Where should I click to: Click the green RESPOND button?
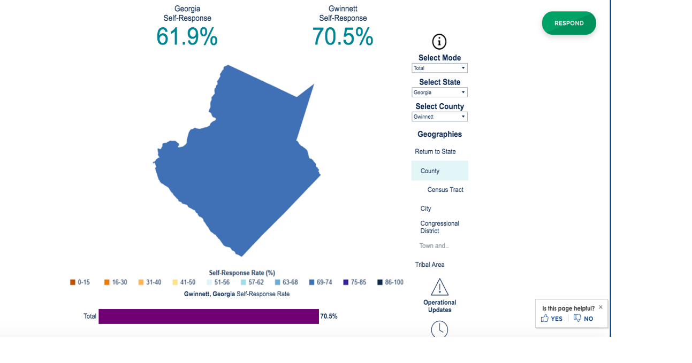(568, 23)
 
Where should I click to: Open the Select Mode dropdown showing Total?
(439, 68)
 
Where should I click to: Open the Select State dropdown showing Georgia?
(439, 92)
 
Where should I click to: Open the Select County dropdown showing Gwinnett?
(439, 117)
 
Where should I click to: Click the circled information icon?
(439, 42)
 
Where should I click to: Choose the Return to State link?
(435, 152)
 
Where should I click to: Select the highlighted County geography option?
(439, 171)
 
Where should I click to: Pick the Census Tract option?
(445, 190)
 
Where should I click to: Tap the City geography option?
(425, 208)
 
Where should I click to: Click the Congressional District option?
(439, 227)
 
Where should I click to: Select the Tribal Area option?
(430, 265)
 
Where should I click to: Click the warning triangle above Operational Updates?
(439, 287)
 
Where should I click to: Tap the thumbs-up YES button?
(552, 319)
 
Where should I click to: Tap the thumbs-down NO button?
(583, 319)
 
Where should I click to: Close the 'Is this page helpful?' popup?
(600, 307)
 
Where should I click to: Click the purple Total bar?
(209, 316)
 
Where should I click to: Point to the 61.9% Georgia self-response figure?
(187, 37)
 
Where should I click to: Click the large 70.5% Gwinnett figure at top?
(343, 37)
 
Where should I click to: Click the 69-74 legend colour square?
(312, 282)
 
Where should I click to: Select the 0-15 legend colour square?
(73, 282)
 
